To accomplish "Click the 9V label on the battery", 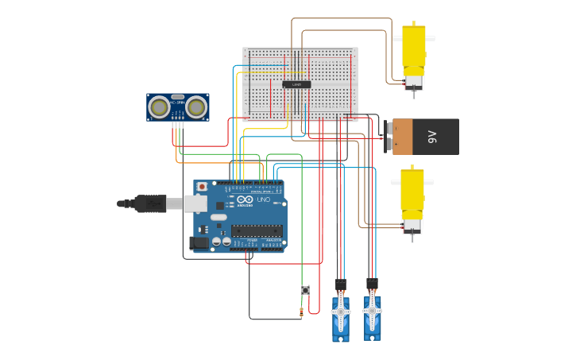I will click(433, 137).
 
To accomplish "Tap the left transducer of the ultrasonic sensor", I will click(160, 106).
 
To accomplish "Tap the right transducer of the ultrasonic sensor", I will click(196, 106).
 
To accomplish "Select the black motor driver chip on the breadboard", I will click(296, 83).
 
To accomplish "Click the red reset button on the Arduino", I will click(202, 187).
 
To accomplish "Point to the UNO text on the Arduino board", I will click(263, 199).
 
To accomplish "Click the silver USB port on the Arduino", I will click(195, 204).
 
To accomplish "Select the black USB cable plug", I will click(150, 204).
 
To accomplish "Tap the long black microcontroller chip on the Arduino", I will click(257, 231).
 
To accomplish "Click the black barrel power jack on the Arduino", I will click(198, 242).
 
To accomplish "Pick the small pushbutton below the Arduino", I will click(305, 289).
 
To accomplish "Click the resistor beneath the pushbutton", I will click(301, 312).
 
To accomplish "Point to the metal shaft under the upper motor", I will click(413, 95).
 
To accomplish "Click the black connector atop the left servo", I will click(341, 285).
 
